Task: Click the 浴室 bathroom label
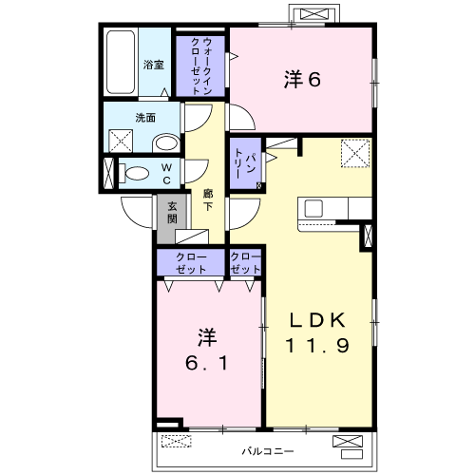click(154, 65)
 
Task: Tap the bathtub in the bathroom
click(121, 62)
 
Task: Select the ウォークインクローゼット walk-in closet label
click(201, 66)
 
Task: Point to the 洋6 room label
click(302, 79)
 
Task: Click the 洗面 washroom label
click(145, 118)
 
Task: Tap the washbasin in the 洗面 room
click(166, 143)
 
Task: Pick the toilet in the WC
click(134, 173)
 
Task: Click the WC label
click(166, 174)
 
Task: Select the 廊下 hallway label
click(208, 199)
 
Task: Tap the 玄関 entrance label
click(172, 213)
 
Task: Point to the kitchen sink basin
click(313, 209)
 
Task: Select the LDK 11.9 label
click(317, 332)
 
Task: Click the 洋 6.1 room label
click(206, 350)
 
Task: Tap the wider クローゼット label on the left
click(191, 263)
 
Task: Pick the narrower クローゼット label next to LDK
click(245, 263)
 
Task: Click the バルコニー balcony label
click(268, 451)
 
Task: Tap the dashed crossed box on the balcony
click(177, 441)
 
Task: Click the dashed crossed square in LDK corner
click(355, 153)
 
